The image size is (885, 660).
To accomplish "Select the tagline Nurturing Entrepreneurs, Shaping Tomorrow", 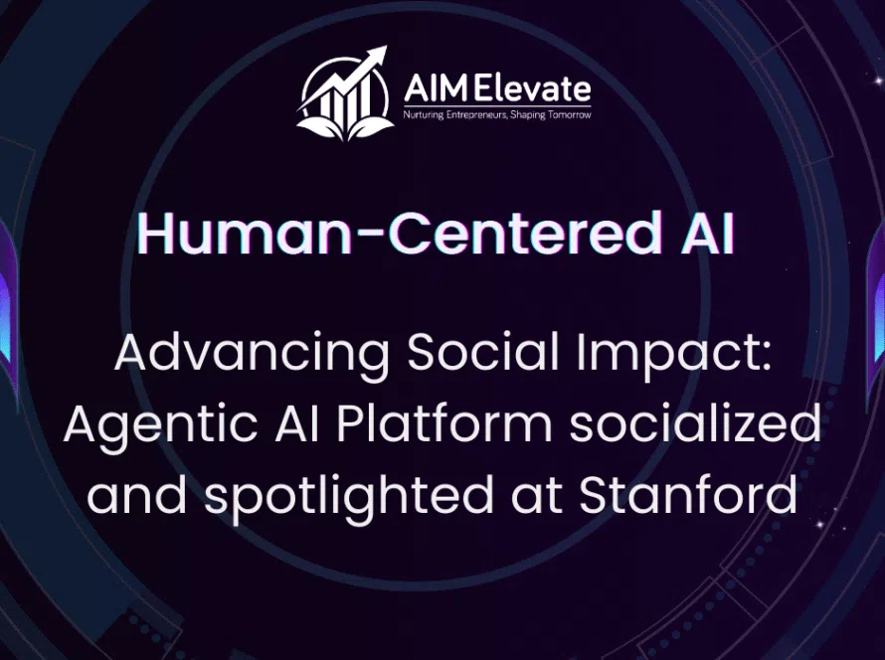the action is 496,115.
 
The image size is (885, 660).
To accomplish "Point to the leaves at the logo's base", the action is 345,127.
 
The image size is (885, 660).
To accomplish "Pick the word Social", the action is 483,352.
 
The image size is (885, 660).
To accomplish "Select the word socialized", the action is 695,423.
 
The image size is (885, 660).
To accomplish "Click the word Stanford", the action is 688,494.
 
